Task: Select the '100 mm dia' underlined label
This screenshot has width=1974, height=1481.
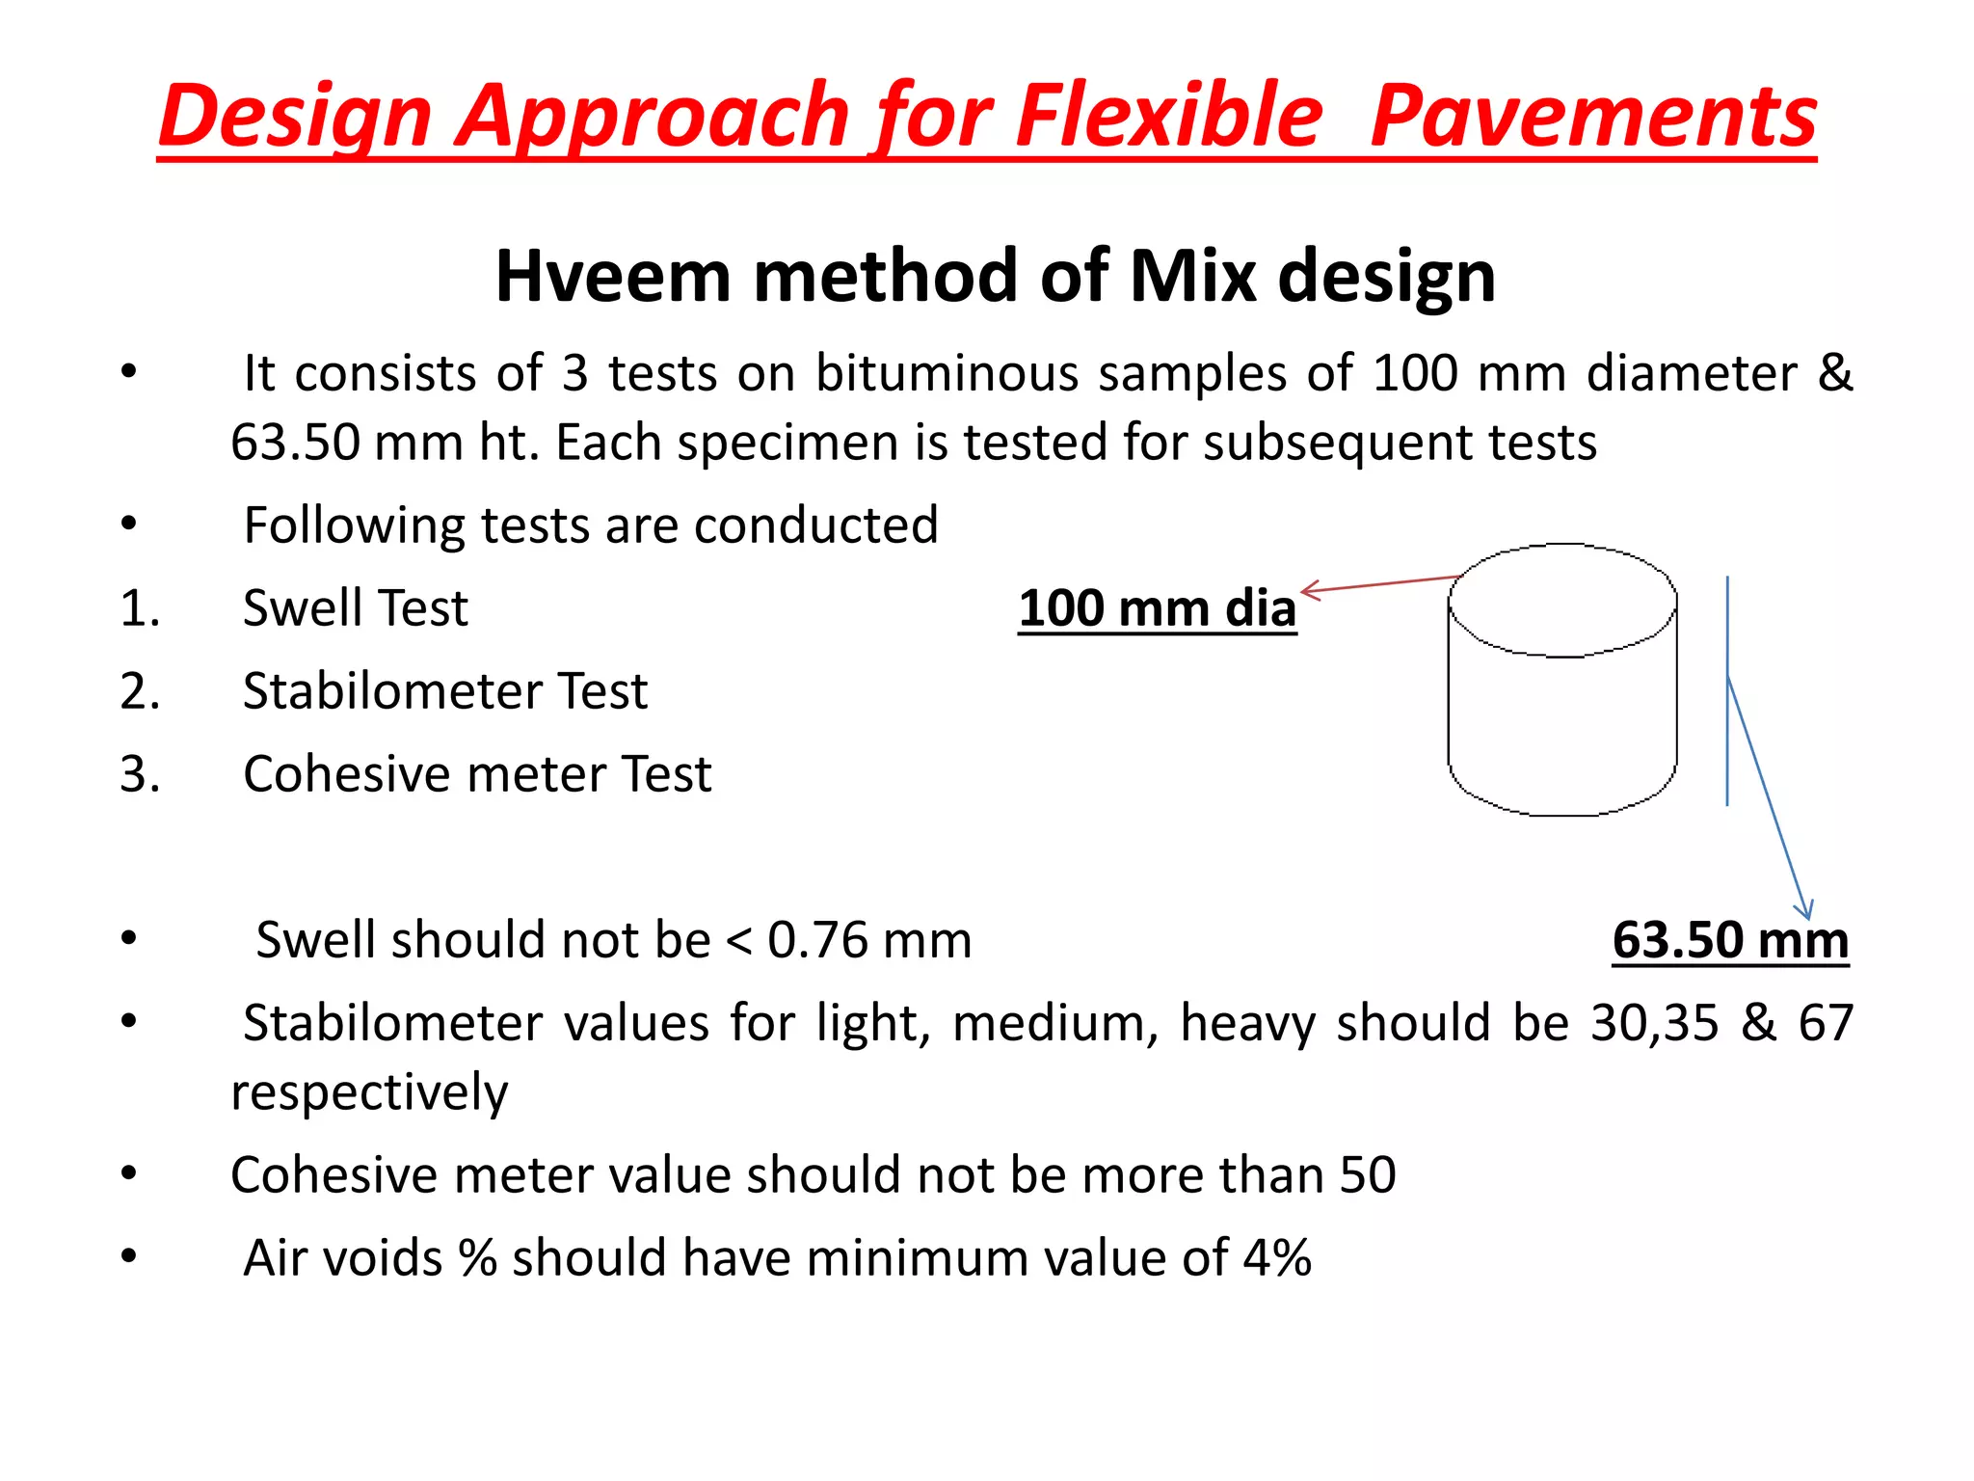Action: (x=1157, y=609)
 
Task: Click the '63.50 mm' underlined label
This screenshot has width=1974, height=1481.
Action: (x=1730, y=940)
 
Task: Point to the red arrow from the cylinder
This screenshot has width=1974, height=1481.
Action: (x=1378, y=583)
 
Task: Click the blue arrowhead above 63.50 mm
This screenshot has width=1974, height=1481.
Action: (x=1805, y=908)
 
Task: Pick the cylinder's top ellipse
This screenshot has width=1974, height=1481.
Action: (x=1562, y=600)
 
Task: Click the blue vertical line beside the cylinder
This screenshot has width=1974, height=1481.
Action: (x=1727, y=690)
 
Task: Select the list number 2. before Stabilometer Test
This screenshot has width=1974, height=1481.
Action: (x=140, y=691)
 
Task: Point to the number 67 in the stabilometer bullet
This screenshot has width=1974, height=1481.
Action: (x=1826, y=1023)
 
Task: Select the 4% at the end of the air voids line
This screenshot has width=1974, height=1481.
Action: (x=1277, y=1258)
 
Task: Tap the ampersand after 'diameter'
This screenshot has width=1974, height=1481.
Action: (x=1834, y=373)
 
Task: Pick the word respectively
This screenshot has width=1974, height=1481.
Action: (x=369, y=1092)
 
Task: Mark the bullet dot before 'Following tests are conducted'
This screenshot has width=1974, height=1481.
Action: (x=129, y=525)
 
